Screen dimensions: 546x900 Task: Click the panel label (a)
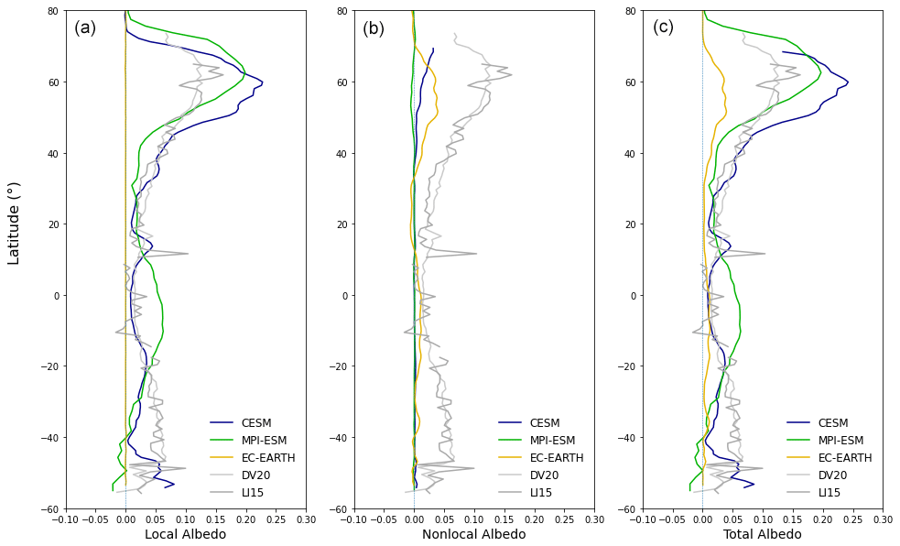[x=85, y=27]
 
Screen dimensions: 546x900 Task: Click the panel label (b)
[x=374, y=27]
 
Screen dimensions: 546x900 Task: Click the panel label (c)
[x=663, y=27]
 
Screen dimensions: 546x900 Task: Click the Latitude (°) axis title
[x=15, y=223]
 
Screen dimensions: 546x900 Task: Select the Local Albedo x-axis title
[x=185, y=534]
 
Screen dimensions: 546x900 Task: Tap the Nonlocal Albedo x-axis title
[x=473, y=534]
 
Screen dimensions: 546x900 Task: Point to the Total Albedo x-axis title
[x=762, y=534]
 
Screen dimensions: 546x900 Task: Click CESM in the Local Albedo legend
[x=256, y=423]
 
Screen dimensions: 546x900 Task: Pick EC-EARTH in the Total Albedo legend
[x=845, y=458]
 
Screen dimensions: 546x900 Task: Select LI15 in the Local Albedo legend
[x=254, y=493]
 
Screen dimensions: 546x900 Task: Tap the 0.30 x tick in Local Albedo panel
[x=306, y=519]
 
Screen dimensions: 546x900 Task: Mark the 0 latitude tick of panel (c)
[x=633, y=296]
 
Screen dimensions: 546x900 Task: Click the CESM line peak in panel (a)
[x=263, y=84]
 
